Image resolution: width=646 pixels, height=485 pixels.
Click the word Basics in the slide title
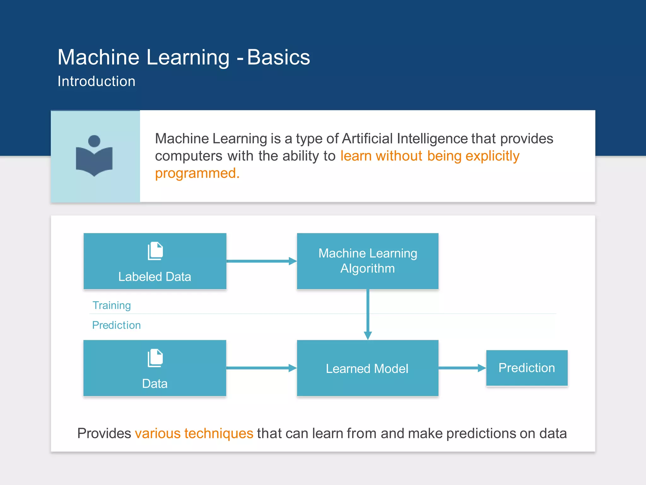[278, 57]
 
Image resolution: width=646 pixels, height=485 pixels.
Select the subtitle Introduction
[96, 81]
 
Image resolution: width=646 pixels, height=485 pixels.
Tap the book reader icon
[94, 156]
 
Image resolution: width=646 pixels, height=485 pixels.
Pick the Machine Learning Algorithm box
[367, 261]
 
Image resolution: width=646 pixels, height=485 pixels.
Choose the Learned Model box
[367, 368]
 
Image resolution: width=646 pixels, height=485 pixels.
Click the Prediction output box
[526, 368]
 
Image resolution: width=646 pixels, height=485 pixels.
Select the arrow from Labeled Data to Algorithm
[261, 261]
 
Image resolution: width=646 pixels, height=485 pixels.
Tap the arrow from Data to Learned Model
[261, 368]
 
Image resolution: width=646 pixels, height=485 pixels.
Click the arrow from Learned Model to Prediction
[462, 368]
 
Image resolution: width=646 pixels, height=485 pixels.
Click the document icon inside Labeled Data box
[155, 251]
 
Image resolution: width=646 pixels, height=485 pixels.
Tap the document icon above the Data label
[155, 358]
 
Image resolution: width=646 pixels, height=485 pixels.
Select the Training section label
[111, 305]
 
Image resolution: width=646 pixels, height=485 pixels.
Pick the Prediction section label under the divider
[116, 325]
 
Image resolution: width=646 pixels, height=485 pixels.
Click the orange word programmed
[197, 173]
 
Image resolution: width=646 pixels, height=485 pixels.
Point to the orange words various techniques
[194, 433]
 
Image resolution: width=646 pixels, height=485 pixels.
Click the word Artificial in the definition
[367, 139]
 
